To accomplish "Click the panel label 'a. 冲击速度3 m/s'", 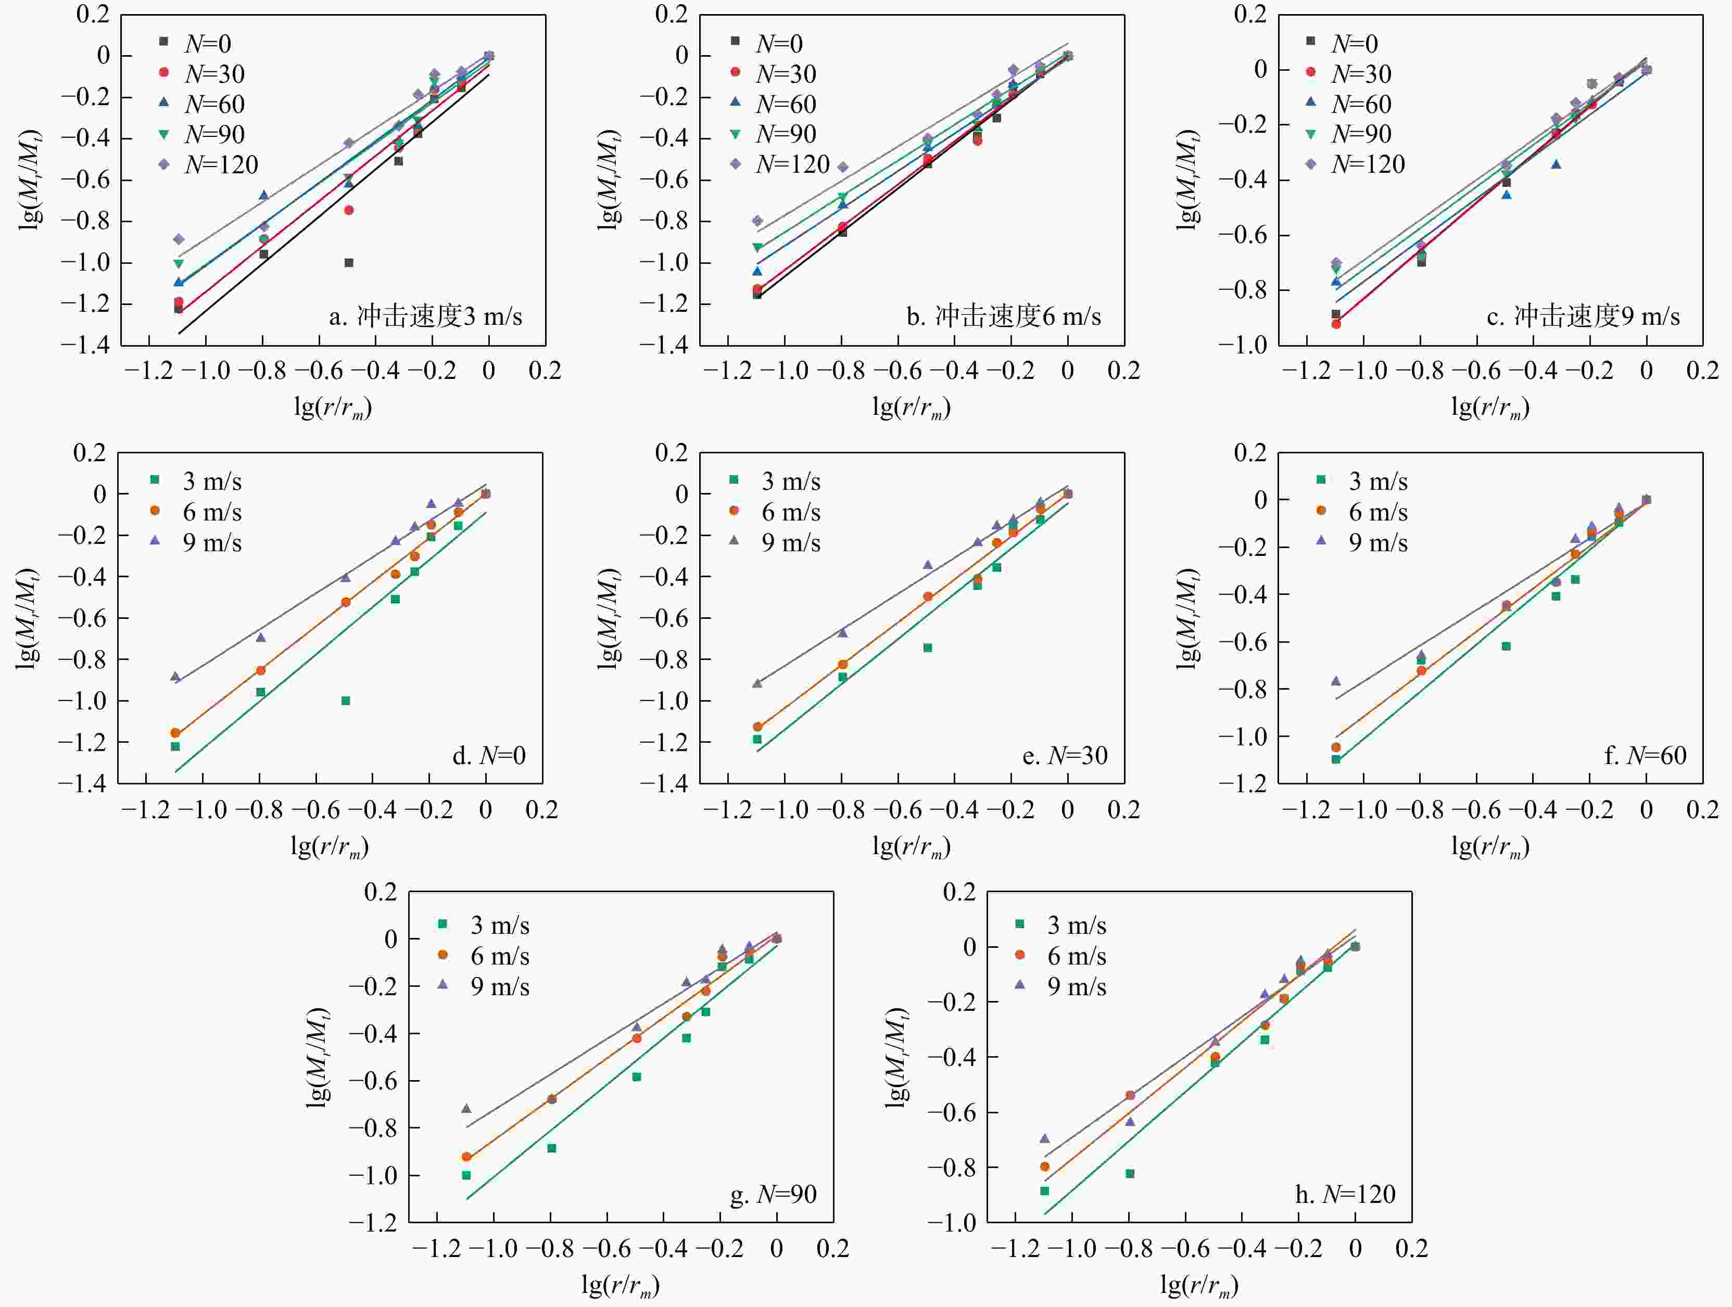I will pos(425,316).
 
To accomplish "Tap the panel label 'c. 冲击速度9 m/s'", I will pos(1583,316).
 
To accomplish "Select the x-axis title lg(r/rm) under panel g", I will pos(620,1284).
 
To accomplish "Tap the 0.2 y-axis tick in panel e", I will pos(671,453).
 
